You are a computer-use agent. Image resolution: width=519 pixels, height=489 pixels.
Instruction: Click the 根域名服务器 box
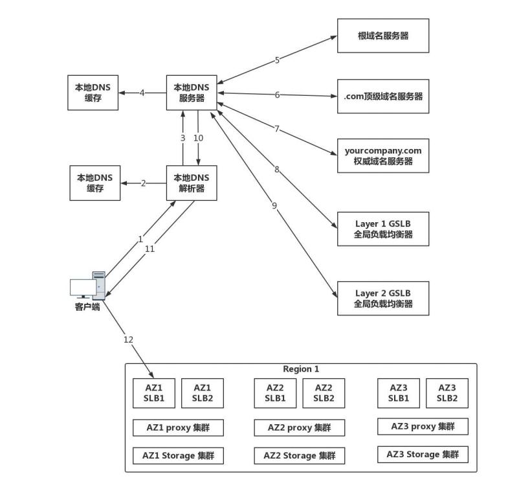click(383, 36)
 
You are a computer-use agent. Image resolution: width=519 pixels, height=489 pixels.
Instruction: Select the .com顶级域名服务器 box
click(383, 96)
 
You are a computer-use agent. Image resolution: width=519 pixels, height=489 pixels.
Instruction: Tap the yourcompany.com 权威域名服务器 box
click(383, 155)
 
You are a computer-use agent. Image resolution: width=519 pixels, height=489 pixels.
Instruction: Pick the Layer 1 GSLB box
click(383, 229)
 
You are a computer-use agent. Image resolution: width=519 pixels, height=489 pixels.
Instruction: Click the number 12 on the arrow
click(128, 339)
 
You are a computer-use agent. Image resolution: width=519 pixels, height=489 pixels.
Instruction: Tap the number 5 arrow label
click(277, 60)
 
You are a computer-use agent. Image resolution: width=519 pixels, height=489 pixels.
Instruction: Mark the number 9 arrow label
click(274, 205)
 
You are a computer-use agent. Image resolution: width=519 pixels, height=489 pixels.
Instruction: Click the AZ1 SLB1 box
click(154, 393)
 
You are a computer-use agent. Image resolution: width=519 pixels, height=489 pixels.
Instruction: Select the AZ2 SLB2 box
click(324, 393)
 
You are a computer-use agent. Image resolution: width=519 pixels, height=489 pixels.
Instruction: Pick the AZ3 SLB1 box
click(399, 393)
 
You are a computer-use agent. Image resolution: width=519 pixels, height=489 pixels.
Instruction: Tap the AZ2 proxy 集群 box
click(300, 427)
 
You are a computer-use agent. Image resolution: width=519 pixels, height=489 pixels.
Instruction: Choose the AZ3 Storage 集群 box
click(423, 454)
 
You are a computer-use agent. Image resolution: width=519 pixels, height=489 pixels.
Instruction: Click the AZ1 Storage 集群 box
click(178, 455)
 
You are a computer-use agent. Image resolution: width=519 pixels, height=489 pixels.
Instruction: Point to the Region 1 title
click(301, 369)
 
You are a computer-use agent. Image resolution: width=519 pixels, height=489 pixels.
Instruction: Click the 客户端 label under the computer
click(87, 307)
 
